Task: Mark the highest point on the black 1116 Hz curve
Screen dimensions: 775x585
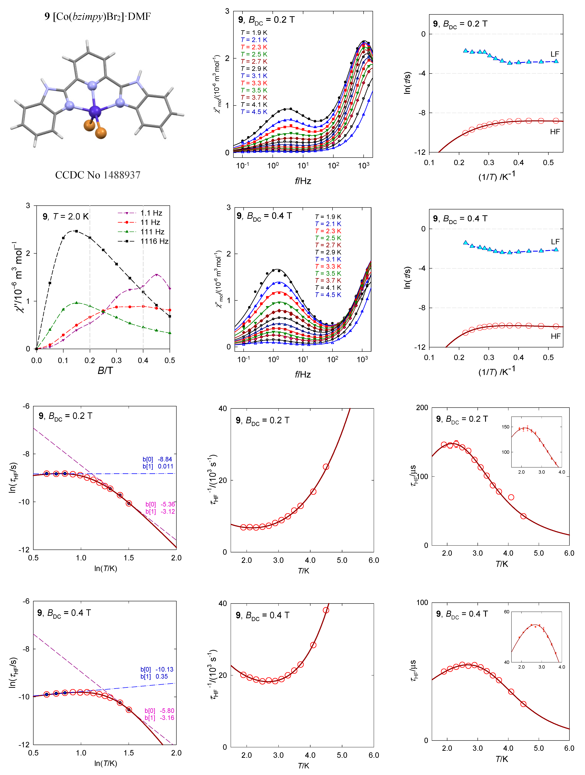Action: point(76,231)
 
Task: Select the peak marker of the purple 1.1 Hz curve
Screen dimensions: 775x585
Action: point(156,275)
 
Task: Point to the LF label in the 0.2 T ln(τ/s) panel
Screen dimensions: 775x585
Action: point(555,54)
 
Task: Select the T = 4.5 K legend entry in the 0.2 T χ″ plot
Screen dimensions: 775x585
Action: point(254,112)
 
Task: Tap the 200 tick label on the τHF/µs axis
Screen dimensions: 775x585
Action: point(422,408)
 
